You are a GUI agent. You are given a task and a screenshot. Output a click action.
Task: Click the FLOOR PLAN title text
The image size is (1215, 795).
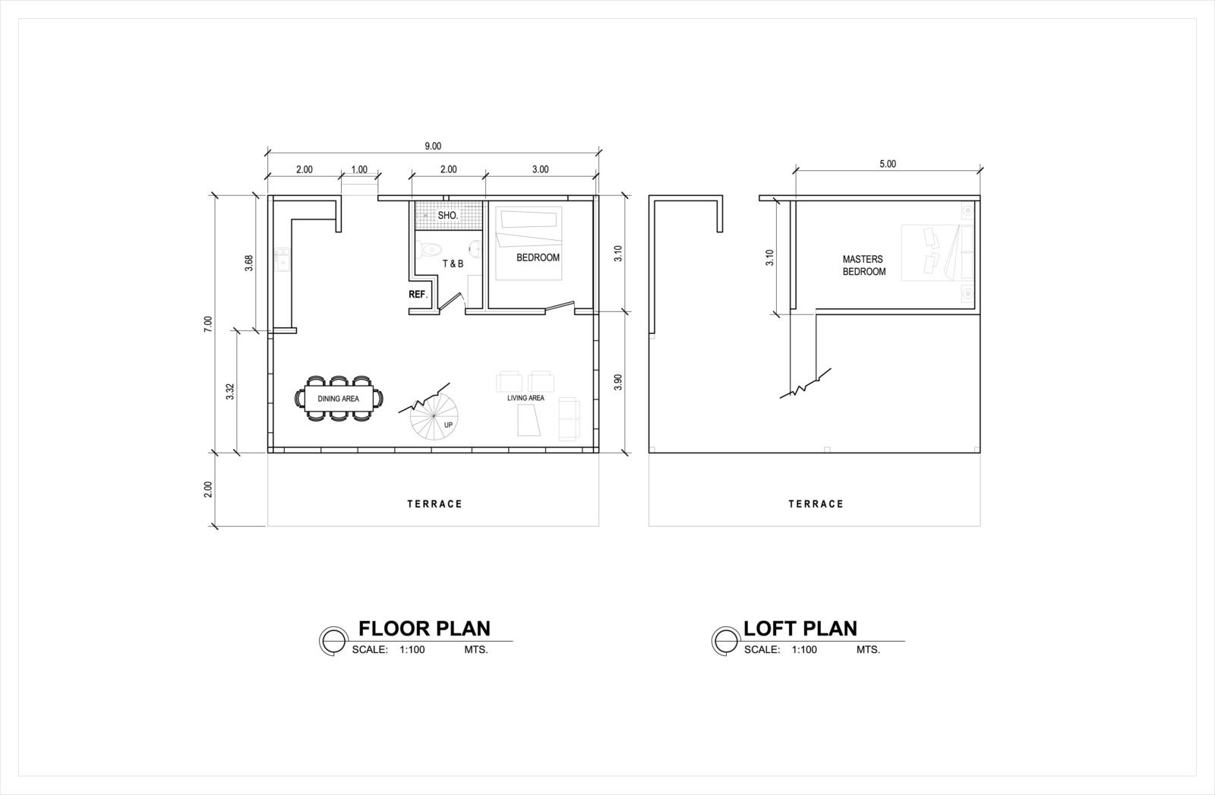point(424,628)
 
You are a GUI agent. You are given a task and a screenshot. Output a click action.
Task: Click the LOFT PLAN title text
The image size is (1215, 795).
point(800,628)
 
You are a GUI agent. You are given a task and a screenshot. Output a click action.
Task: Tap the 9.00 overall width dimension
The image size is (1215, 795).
point(433,146)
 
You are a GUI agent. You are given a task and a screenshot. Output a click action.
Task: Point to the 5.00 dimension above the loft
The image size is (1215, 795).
point(887,163)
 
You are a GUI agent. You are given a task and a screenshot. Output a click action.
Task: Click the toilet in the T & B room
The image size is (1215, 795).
point(429,248)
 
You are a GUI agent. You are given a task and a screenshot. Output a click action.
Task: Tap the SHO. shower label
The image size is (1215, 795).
point(447,216)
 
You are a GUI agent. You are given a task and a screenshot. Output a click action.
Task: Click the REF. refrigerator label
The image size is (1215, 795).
point(418,294)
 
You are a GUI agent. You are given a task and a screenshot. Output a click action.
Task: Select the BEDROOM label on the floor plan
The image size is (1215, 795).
point(538,257)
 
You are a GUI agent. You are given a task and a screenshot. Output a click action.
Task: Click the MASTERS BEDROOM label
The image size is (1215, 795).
point(863,265)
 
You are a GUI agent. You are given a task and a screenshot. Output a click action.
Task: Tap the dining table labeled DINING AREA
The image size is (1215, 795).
point(339,398)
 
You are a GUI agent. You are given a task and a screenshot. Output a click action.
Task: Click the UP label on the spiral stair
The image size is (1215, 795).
point(448,425)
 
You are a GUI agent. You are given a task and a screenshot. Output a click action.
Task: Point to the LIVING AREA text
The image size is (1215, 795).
point(525,398)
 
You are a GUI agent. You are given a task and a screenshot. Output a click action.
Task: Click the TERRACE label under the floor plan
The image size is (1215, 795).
point(434,503)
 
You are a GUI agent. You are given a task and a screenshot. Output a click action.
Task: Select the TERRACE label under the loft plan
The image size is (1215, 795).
point(815,503)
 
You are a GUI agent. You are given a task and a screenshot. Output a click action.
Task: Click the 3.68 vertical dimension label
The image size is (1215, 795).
point(248,263)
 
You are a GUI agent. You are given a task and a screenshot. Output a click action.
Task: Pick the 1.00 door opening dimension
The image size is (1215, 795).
point(359,169)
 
